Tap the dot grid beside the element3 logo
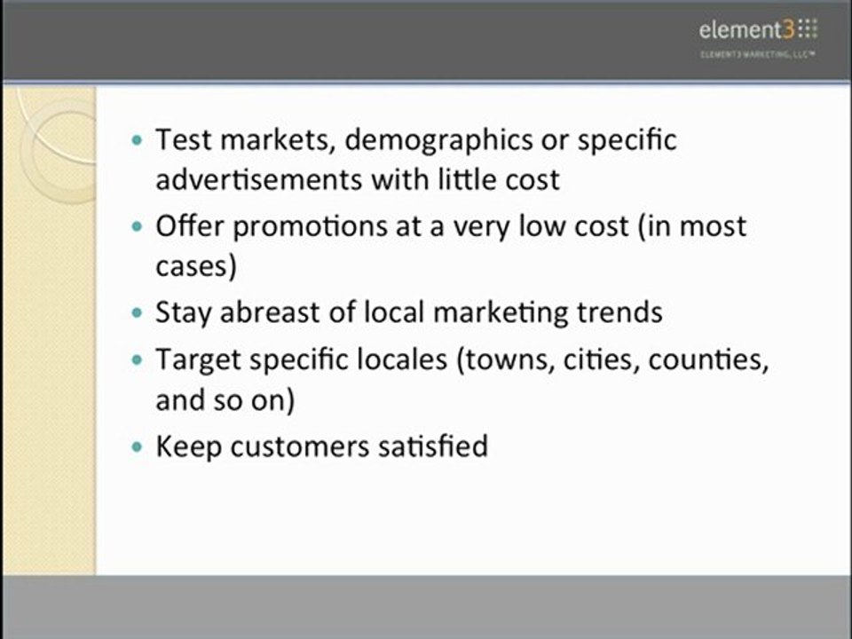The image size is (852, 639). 807,30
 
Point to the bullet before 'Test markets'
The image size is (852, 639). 136,140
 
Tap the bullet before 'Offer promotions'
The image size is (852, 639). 136,226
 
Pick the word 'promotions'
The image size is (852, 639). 312,226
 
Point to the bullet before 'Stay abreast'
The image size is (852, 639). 136,313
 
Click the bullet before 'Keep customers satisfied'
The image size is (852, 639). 136,446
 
